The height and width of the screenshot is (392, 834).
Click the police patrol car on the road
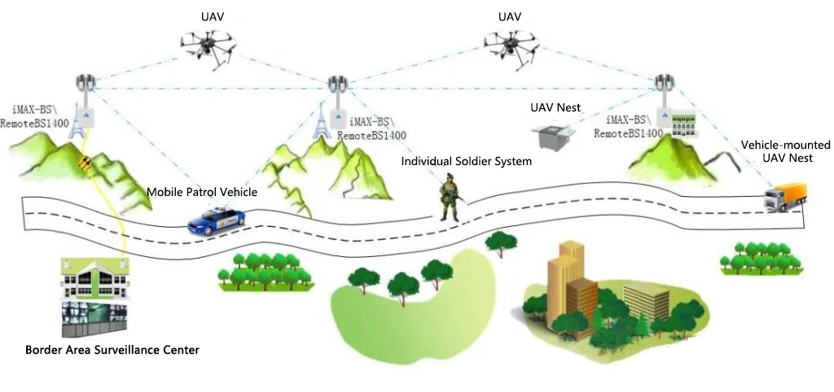[217, 220]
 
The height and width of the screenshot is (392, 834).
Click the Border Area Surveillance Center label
[112, 350]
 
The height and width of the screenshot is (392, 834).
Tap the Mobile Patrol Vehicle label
[202, 192]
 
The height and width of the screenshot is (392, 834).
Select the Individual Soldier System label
[466, 161]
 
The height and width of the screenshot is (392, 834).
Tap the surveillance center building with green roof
[95, 280]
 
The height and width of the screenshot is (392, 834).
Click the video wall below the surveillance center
[94, 319]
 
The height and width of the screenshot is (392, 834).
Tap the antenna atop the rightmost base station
[666, 84]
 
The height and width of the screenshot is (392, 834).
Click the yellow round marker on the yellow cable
[85, 162]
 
